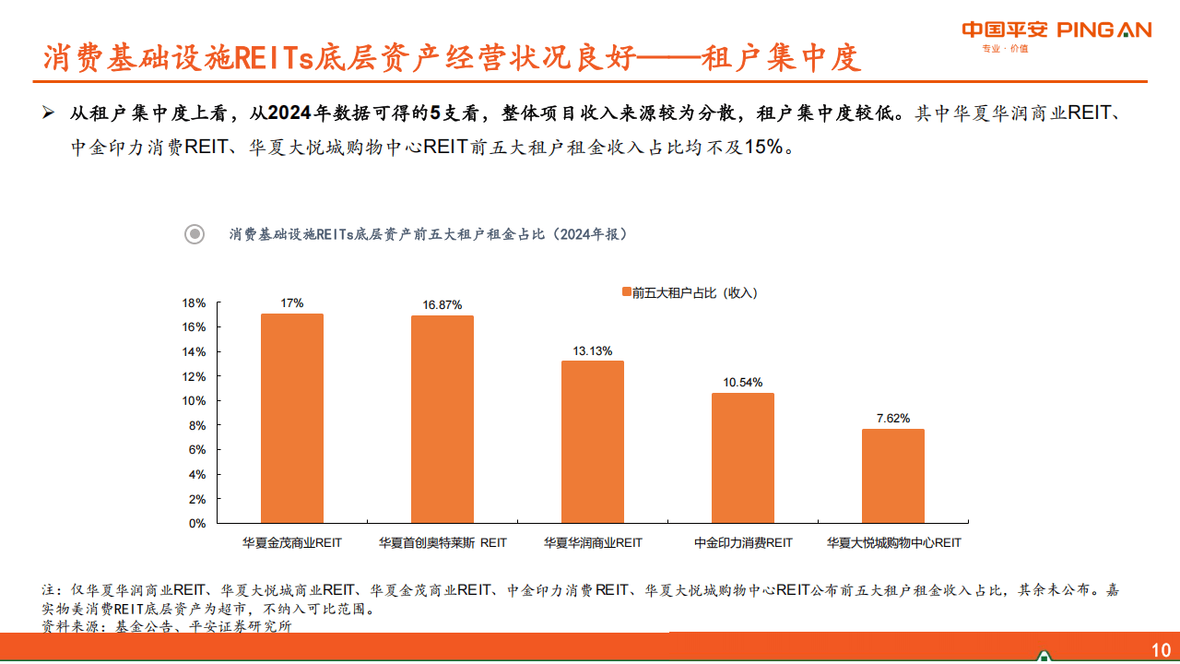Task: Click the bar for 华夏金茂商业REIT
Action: click(x=292, y=419)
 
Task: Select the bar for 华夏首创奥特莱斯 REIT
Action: click(x=442, y=420)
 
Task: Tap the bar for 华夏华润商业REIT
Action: click(x=593, y=442)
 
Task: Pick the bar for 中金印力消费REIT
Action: click(x=743, y=458)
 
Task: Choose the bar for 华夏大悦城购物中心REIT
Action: click(x=893, y=476)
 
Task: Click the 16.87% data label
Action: click(x=442, y=304)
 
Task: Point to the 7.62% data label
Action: click(x=893, y=418)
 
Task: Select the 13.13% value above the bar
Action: click(x=593, y=350)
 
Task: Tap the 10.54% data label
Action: click(x=743, y=383)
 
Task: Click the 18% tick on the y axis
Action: click(x=194, y=303)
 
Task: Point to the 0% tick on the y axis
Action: click(x=197, y=524)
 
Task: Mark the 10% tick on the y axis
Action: click(x=194, y=401)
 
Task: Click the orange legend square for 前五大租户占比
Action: click(x=626, y=293)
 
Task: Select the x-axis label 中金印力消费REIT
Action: click(x=743, y=543)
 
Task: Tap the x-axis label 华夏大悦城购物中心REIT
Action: click(x=893, y=543)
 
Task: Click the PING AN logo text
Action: click(x=1103, y=30)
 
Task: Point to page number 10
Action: click(x=1161, y=648)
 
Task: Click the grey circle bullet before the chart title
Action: click(x=195, y=234)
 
